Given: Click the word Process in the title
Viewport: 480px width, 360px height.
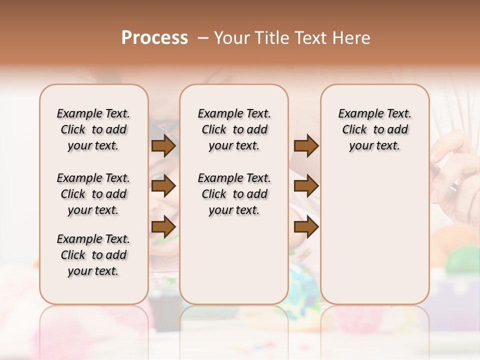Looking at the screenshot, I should click(154, 38).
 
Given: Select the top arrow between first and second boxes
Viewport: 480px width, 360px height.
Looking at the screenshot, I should click(163, 146).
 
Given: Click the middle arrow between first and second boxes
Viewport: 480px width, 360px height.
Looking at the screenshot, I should click(163, 186).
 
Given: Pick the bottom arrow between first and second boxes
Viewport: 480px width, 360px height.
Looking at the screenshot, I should click(163, 227).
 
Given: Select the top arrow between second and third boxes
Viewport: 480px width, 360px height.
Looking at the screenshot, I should click(306, 146).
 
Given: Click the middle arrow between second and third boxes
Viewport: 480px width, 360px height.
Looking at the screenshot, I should click(306, 186).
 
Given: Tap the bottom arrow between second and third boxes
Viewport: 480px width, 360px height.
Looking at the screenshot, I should click(306, 227).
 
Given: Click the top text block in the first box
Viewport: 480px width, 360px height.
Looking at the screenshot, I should click(93, 129).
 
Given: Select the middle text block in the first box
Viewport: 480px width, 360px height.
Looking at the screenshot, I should click(93, 194).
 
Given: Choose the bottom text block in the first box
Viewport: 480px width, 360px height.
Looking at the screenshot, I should click(93, 255).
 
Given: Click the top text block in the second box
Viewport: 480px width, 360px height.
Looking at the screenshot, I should click(234, 129).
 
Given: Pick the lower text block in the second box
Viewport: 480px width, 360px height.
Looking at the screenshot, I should click(234, 194).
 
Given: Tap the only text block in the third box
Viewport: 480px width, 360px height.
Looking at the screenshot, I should click(375, 129).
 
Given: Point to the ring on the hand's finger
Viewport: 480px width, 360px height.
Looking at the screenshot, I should click(454, 186).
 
